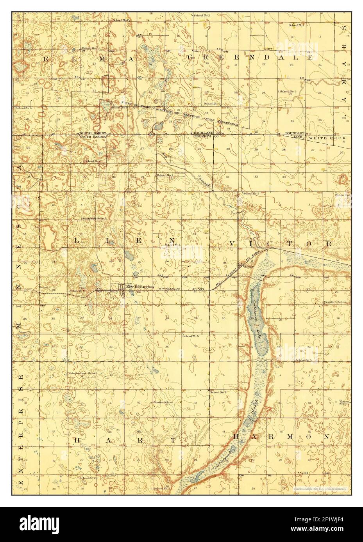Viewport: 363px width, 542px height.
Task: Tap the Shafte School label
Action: coord(163,402)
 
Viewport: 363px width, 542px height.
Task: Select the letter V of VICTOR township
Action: coord(233,244)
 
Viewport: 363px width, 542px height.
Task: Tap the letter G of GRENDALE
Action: coord(191,57)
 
